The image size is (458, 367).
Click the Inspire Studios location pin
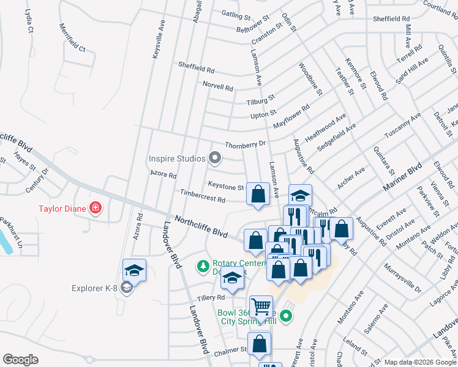(214, 158)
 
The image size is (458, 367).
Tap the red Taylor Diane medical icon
(96, 208)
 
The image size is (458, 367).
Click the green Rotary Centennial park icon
(203, 266)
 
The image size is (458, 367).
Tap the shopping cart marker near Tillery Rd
(261, 308)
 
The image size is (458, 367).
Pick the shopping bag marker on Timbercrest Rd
(258, 194)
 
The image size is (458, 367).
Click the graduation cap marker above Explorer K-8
(135, 270)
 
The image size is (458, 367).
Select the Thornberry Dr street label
(246, 144)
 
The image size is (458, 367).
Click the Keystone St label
(226, 186)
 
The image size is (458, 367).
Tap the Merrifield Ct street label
(72, 37)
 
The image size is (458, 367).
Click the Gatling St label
(236, 13)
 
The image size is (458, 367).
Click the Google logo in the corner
(20, 360)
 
